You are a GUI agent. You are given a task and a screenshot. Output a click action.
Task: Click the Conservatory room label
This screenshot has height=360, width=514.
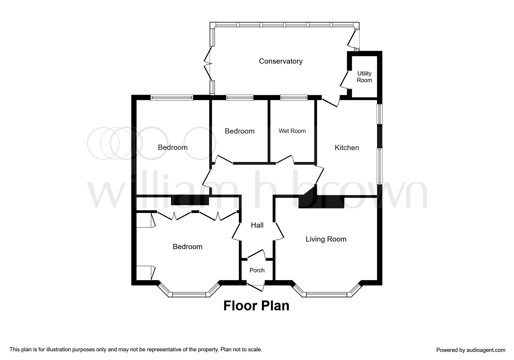[x=281, y=61]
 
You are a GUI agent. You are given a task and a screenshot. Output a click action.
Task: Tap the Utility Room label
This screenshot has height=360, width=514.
[x=364, y=77]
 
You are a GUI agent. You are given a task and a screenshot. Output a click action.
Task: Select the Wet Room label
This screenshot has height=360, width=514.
[x=292, y=131]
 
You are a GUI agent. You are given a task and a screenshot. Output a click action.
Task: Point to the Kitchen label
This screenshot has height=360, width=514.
[x=347, y=148]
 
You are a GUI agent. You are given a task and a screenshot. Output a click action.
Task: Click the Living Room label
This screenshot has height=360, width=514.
[x=326, y=239]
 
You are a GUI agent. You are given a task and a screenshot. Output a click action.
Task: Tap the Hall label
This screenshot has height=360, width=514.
[x=257, y=225]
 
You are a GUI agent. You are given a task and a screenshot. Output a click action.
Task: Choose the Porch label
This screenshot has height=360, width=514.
[x=257, y=270]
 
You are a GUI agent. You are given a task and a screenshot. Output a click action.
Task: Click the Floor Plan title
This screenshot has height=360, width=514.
[x=256, y=306]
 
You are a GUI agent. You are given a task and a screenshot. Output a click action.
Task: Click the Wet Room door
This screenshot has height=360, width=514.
[x=285, y=159]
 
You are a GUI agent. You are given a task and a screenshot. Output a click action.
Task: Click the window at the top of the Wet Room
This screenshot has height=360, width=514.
[x=294, y=98]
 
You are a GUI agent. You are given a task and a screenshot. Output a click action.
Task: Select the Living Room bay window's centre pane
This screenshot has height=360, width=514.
[x=327, y=295]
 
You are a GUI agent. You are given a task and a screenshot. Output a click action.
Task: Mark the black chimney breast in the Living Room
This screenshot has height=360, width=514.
[x=321, y=202]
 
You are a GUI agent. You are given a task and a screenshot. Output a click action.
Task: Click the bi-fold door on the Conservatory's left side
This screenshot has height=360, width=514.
[x=208, y=64]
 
